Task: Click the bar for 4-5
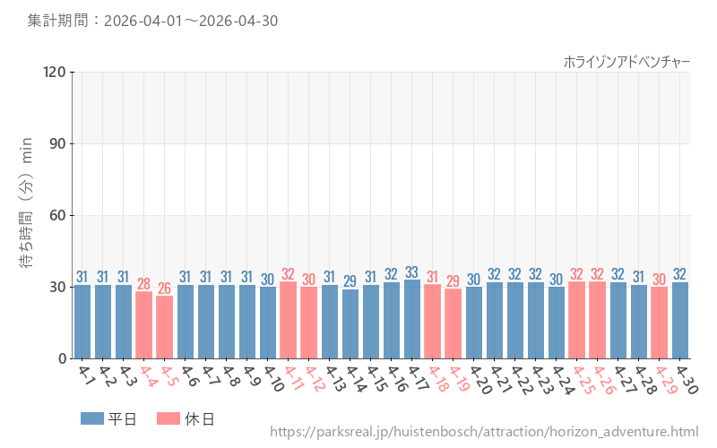pyautogui.click(x=165, y=327)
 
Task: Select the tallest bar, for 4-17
pyautogui.click(x=412, y=319)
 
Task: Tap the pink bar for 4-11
pyautogui.click(x=288, y=320)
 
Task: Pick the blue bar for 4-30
pyautogui.click(x=680, y=321)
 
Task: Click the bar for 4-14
pyautogui.click(x=350, y=324)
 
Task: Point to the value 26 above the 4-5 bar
pyautogui.click(x=165, y=289)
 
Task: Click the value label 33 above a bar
pyautogui.click(x=412, y=272)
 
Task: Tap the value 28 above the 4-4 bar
pyautogui.click(x=144, y=284)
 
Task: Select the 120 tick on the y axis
pyautogui.click(x=55, y=73)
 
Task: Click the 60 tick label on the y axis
pyautogui.click(x=58, y=215)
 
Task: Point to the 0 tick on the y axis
pyautogui.click(x=63, y=359)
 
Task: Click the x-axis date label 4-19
pyautogui.click(x=459, y=378)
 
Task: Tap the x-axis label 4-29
pyautogui.click(x=665, y=379)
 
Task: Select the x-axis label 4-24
pyautogui.click(x=562, y=379)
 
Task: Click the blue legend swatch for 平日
pyautogui.click(x=92, y=418)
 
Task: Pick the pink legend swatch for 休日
pyautogui.click(x=168, y=418)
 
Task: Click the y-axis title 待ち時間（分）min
pyautogui.click(x=26, y=202)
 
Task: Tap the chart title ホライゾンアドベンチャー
pyautogui.click(x=626, y=62)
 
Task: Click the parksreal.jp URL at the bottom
pyautogui.click(x=484, y=432)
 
